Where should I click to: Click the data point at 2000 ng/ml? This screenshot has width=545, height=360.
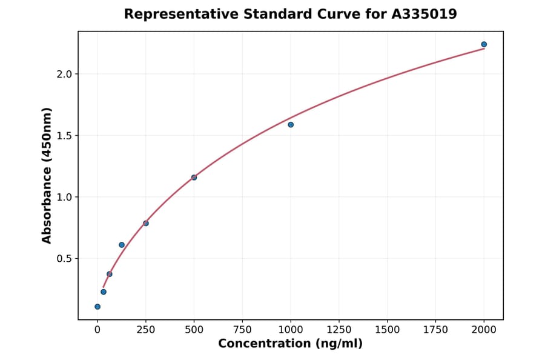(484, 44)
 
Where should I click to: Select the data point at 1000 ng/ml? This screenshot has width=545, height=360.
(291, 125)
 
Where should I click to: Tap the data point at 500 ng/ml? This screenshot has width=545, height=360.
(194, 178)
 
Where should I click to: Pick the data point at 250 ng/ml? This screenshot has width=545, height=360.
(146, 223)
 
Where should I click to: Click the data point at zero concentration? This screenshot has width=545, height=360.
(97, 307)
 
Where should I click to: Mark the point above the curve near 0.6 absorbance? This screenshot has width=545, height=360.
(122, 245)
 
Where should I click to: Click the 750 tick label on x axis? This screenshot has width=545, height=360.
(242, 330)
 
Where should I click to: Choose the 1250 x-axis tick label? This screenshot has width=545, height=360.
(339, 330)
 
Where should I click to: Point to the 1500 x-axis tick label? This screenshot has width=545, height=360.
(388, 330)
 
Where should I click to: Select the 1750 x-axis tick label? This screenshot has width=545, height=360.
(435, 330)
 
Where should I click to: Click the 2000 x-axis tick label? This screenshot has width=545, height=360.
(484, 330)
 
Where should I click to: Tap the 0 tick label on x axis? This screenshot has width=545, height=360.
(97, 330)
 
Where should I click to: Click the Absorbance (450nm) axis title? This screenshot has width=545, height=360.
(47, 175)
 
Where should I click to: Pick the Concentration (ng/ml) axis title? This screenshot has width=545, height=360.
(290, 344)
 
